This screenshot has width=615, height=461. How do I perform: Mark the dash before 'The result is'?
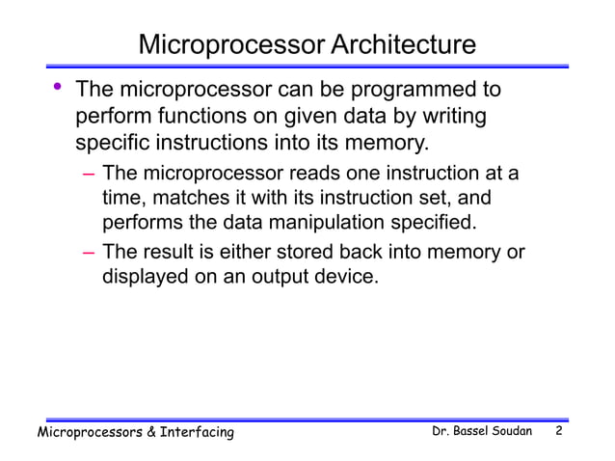(x=88, y=254)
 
